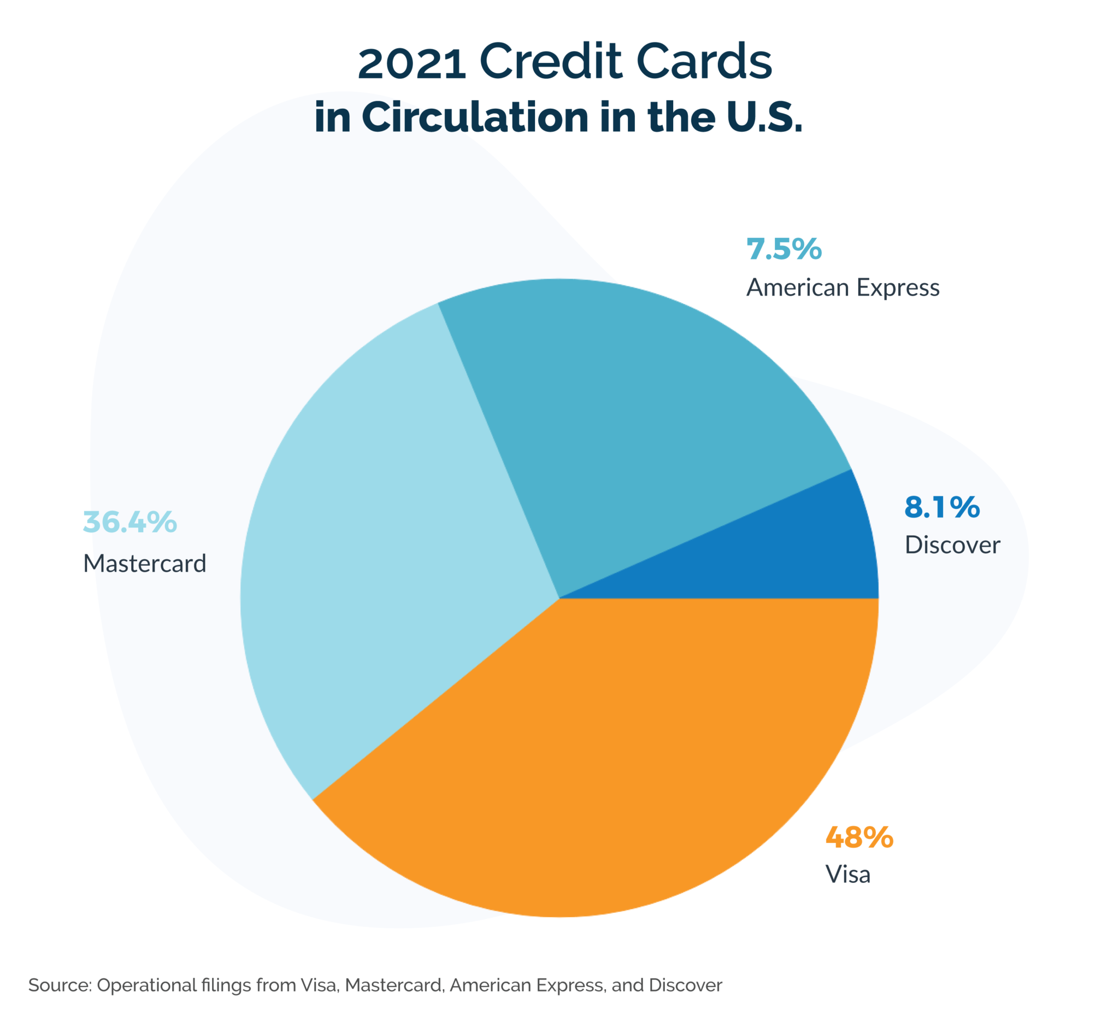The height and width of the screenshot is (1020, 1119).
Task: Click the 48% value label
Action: tap(859, 837)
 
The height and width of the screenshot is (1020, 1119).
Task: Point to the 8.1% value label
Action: tap(942, 507)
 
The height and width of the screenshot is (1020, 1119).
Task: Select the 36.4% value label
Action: tap(130, 523)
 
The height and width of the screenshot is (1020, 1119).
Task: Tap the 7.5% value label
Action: tap(784, 249)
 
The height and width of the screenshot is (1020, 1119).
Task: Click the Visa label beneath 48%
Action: tap(847, 875)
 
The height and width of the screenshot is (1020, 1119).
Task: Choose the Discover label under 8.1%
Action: tap(952, 546)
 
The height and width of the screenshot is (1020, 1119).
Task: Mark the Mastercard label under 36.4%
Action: tap(145, 564)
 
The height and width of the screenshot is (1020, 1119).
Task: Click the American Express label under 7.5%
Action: tap(843, 288)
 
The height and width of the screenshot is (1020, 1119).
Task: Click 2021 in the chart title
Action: tap(412, 63)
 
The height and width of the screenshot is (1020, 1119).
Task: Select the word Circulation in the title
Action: tap(475, 117)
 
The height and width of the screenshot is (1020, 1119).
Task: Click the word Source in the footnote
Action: tap(59, 986)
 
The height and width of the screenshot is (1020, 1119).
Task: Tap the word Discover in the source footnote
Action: tap(686, 986)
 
